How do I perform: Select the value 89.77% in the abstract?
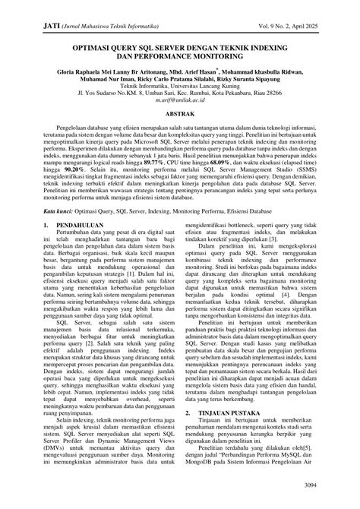point(224,185)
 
